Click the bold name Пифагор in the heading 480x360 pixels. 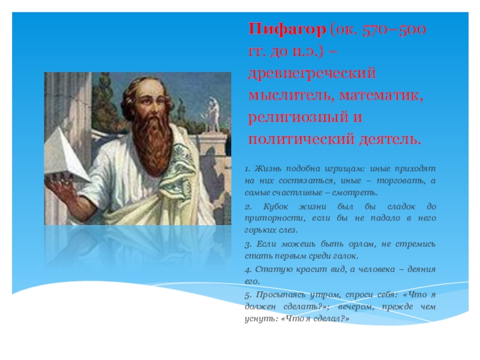click(x=287, y=29)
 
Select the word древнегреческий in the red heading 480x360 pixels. click(x=312, y=73)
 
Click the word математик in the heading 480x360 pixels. click(x=381, y=95)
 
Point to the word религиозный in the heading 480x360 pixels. click(x=298, y=118)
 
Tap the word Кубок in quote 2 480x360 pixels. click(x=275, y=206)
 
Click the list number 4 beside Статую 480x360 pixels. click(x=248, y=269)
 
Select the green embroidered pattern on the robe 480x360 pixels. click(x=178, y=172)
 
